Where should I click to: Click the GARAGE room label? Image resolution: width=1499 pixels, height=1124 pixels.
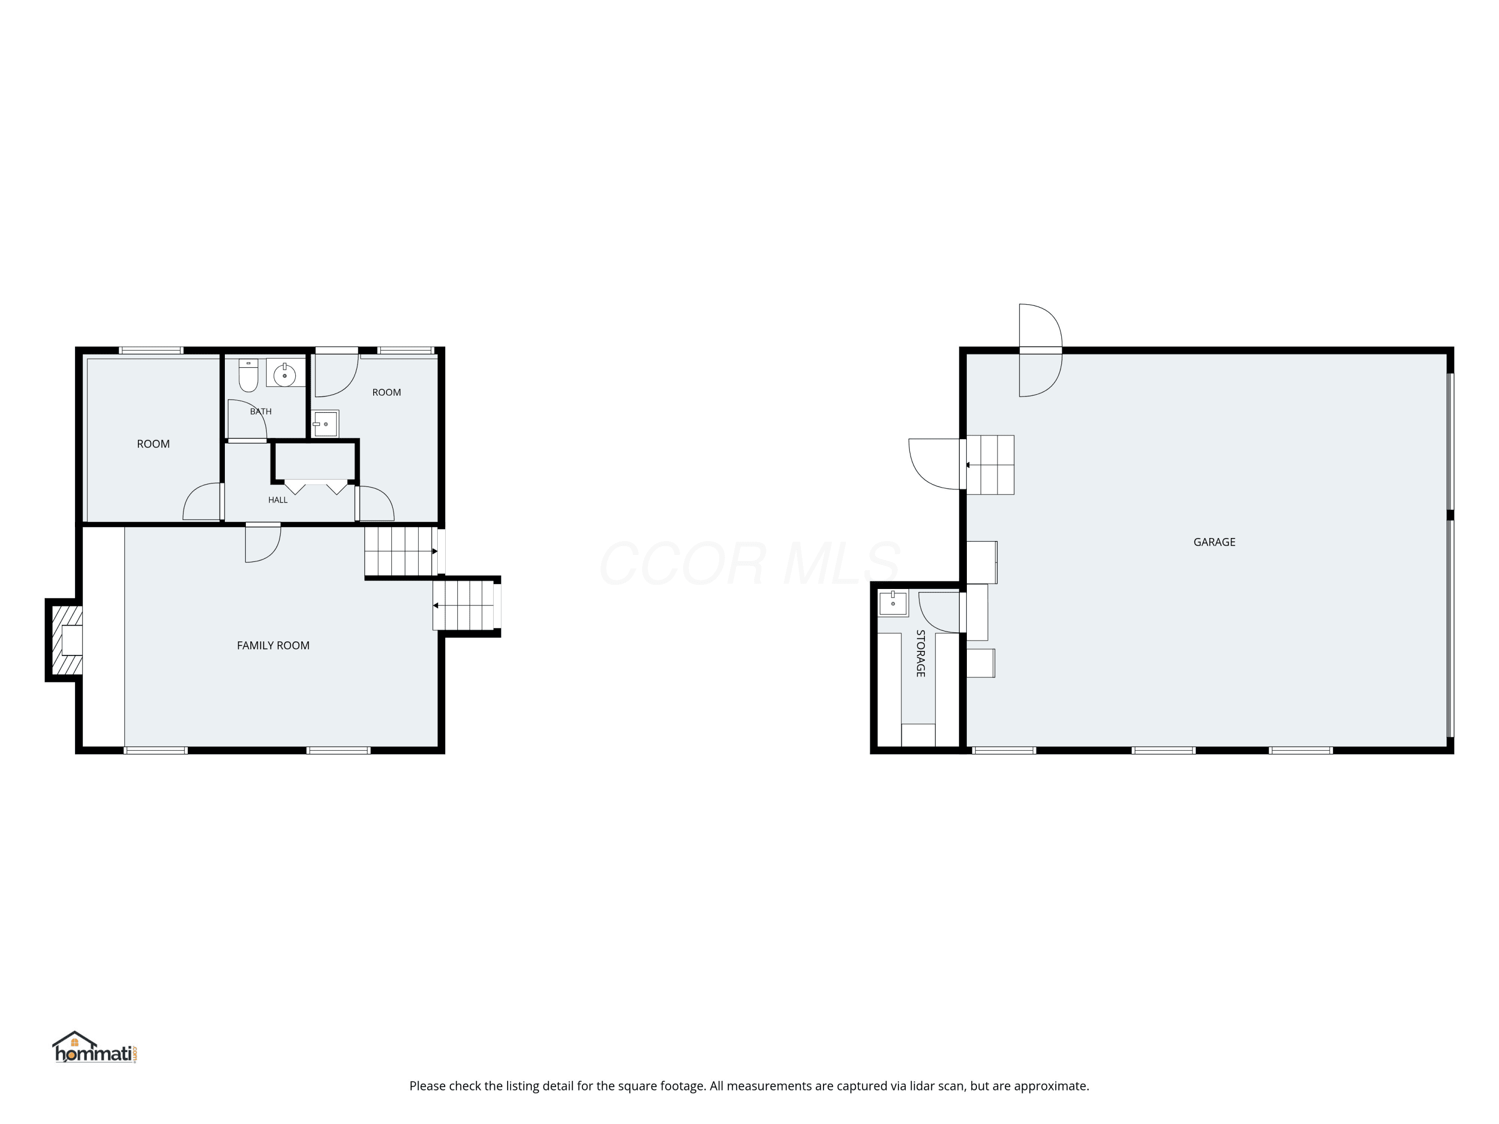(x=1214, y=542)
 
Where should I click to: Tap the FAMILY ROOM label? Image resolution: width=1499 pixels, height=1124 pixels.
(x=273, y=645)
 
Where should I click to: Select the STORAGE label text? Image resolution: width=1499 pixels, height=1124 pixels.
(x=920, y=653)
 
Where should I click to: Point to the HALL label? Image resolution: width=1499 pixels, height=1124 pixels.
(x=278, y=500)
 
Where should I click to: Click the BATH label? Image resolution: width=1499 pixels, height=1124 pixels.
(x=261, y=411)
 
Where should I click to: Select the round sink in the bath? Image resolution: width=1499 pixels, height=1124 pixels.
(x=285, y=375)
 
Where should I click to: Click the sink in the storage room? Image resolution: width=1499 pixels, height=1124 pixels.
(x=893, y=603)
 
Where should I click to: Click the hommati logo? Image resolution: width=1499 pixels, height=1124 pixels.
(x=95, y=1048)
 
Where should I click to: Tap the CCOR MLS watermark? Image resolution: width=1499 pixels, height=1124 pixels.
(x=749, y=563)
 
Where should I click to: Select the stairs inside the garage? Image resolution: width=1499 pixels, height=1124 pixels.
(x=990, y=465)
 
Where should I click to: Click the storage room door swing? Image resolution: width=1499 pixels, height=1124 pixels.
(x=939, y=612)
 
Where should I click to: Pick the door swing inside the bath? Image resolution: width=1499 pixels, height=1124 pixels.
(x=247, y=420)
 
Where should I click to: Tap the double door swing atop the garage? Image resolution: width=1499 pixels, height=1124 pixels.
(x=1041, y=350)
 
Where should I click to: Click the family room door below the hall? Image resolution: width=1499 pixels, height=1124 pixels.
(x=263, y=543)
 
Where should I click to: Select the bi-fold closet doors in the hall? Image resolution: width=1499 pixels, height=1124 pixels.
(x=316, y=487)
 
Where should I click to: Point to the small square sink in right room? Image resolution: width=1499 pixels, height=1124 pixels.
(x=325, y=424)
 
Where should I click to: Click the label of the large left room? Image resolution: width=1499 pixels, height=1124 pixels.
(x=153, y=444)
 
